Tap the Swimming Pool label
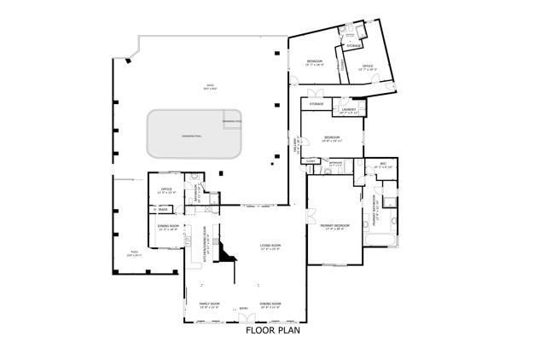coord(185,136)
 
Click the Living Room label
coord(270,247)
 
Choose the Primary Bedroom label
coord(337,226)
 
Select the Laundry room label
coord(348,110)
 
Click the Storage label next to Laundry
coord(317,104)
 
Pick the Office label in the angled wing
coord(368,67)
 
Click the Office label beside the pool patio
coord(167,190)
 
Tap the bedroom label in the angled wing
coord(315,62)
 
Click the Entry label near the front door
coord(243,309)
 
